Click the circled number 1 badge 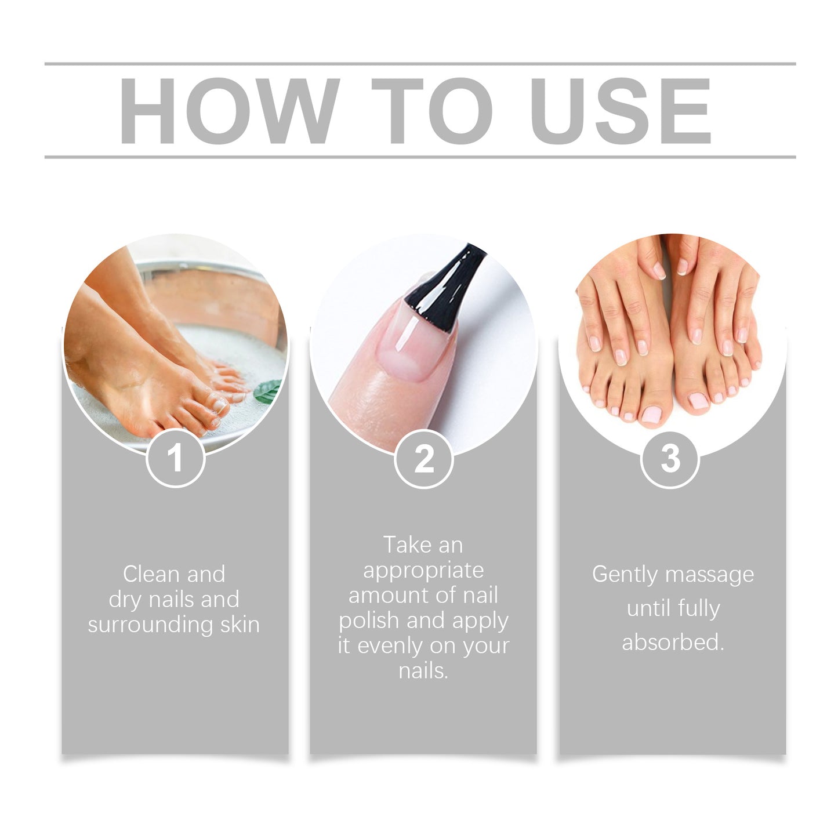pyautogui.click(x=175, y=458)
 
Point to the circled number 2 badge pyautogui.click(x=423, y=458)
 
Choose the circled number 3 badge pyautogui.click(x=670, y=458)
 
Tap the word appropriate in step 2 pyautogui.click(x=423, y=570)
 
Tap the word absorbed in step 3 pyautogui.click(x=673, y=643)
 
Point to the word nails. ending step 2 pyautogui.click(x=423, y=671)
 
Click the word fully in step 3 pyautogui.click(x=700, y=608)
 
